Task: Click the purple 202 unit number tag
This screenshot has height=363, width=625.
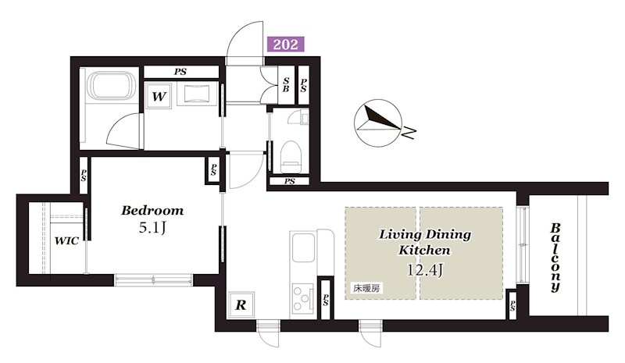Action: [285, 44]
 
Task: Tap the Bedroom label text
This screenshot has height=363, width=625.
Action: [152, 211]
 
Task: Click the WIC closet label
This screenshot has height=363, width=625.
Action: [66, 241]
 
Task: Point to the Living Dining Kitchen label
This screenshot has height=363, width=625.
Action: [424, 242]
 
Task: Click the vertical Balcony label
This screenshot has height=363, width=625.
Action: [555, 257]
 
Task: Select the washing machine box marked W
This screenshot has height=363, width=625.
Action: [159, 98]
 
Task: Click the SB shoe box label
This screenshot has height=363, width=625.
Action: [287, 85]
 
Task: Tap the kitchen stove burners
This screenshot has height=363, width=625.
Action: [302, 297]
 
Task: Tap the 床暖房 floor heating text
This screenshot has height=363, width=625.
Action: [365, 289]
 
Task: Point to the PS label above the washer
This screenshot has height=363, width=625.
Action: [180, 72]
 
